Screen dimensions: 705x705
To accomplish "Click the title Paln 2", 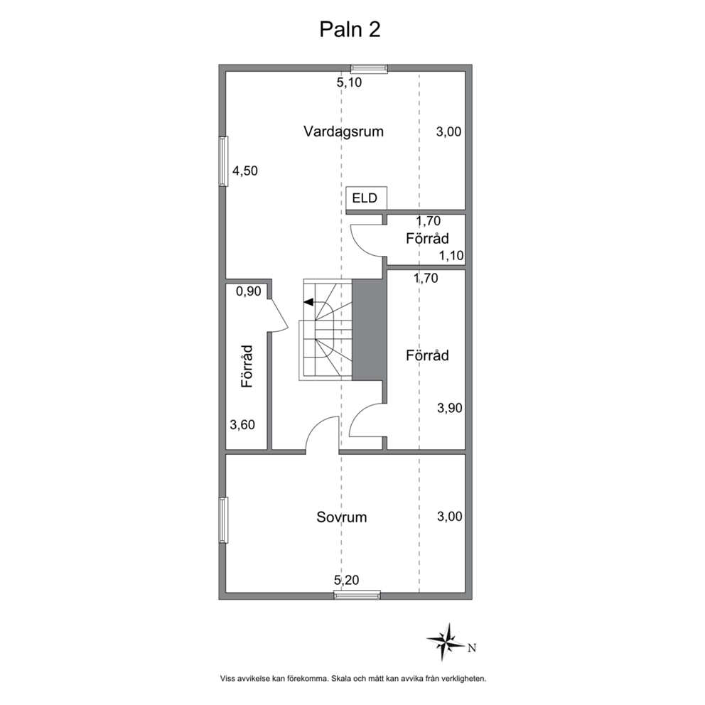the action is pyautogui.click(x=350, y=30).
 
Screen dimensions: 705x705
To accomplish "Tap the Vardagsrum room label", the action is pyautogui.click(x=343, y=131).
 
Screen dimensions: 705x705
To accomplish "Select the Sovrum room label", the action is pyautogui.click(x=342, y=517).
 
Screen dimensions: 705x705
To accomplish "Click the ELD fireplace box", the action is pyautogui.click(x=367, y=198).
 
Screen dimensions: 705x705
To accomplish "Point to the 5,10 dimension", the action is pyautogui.click(x=350, y=82).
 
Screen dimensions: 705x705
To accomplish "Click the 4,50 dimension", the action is pyautogui.click(x=245, y=171).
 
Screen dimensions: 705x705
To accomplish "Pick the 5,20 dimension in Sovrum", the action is pyautogui.click(x=347, y=580).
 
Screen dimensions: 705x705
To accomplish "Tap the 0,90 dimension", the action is pyautogui.click(x=249, y=291).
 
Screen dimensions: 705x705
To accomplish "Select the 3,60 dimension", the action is pyautogui.click(x=242, y=424).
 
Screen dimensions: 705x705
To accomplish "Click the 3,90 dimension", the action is pyautogui.click(x=450, y=408).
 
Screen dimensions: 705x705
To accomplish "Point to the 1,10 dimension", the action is pyautogui.click(x=451, y=256).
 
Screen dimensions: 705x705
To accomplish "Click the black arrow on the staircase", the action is pyautogui.click(x=309, y=302).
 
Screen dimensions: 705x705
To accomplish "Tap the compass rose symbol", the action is pyautogui.click(x=445, y=642).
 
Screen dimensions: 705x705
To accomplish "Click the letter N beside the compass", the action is pyautogui.click(x=472, y=648).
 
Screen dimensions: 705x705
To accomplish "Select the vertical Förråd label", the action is pyautogui.click(x=247, y=366).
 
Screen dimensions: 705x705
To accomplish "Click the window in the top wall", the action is pyautogui.click(x=369, y=68).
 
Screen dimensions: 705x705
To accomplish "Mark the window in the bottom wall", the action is pyautogui.click(x=357, y=596).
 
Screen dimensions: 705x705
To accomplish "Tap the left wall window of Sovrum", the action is pyautogui.click(x=223, y=520).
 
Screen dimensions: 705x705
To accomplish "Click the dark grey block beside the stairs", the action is pyautogui.click(x=369, y=330).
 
